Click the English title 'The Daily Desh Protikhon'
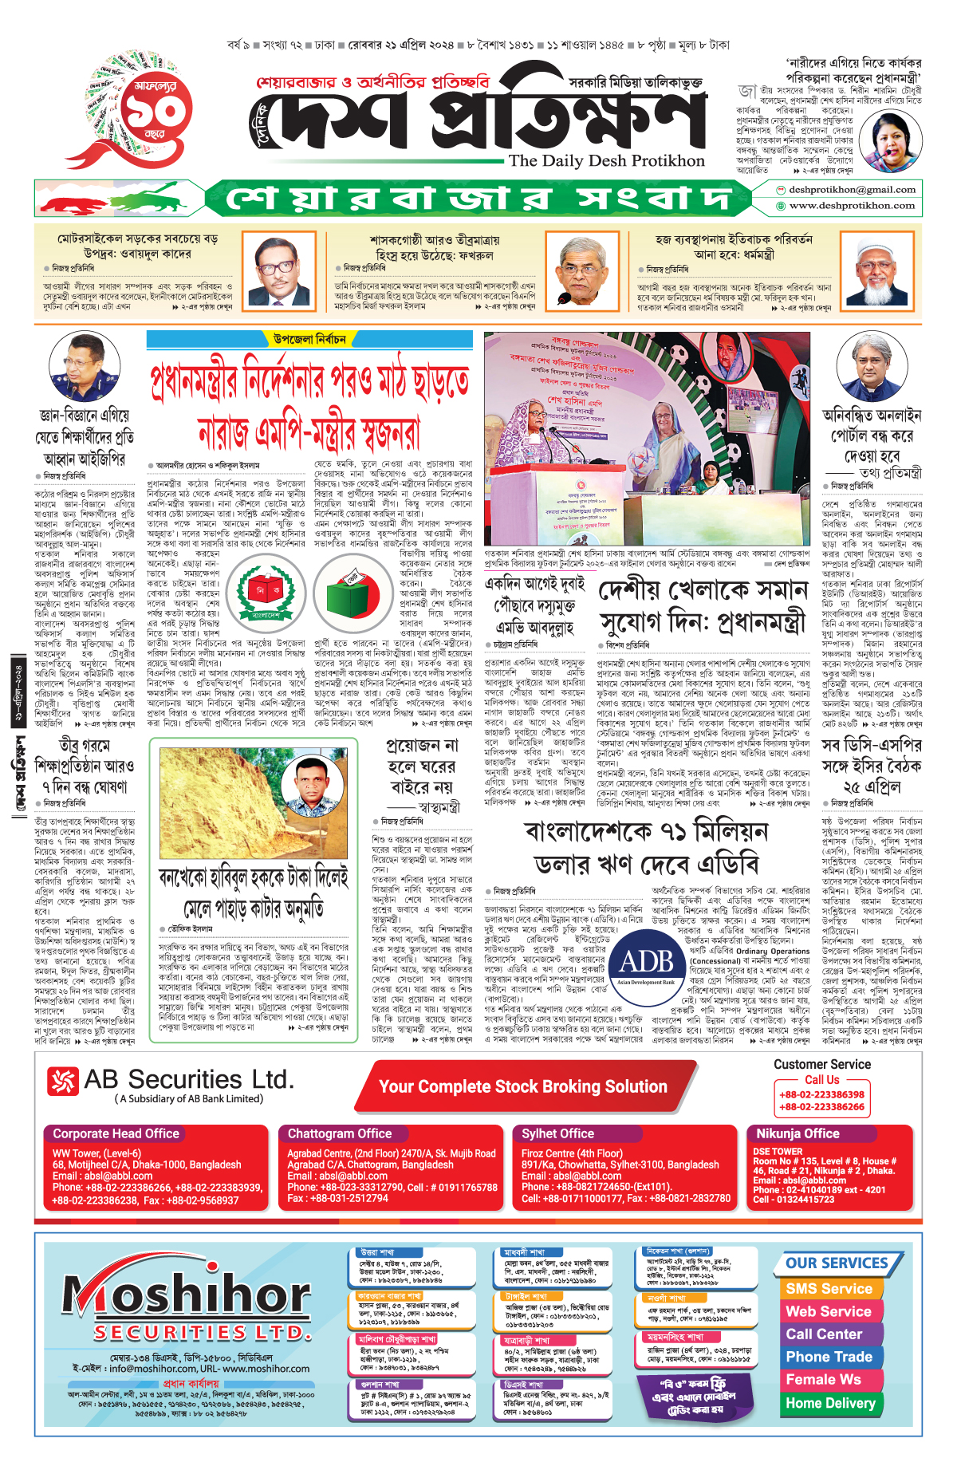coord(606,160)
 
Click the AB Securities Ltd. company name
coord(188,1080)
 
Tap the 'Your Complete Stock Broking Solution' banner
coord(523,1086)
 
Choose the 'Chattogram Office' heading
coord(340,1133)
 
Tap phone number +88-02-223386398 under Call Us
coord(821,1094)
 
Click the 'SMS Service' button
coord(829,1289)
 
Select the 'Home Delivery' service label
coord(830,1403)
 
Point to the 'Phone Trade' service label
coord(829,1357)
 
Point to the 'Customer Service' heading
coord(821,1064)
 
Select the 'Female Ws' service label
coord(823,1379)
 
